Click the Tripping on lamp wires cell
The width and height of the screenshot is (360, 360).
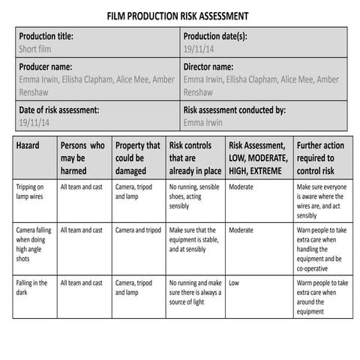click(31, 190)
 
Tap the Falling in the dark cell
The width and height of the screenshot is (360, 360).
click(31, 287)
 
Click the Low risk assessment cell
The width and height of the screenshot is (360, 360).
click(235, 283)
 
